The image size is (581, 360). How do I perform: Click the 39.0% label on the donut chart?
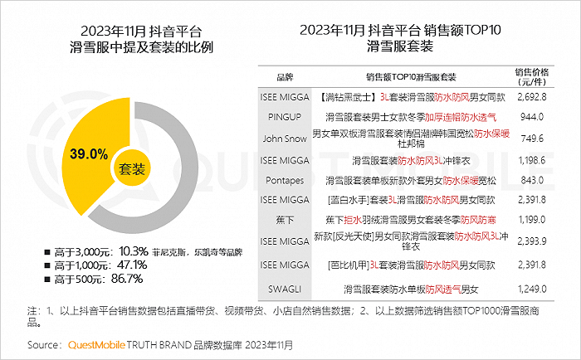point(89,153)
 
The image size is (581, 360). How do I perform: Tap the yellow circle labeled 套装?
point(131,169)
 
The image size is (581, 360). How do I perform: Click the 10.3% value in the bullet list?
point(134,251)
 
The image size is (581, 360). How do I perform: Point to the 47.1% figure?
point(132,265)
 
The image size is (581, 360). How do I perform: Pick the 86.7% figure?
point(127,279)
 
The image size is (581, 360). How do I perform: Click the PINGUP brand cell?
point(285,117)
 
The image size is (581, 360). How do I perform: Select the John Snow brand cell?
point(285,139)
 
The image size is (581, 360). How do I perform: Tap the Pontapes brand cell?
point(285,180)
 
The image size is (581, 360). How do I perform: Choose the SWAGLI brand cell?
point(285,289)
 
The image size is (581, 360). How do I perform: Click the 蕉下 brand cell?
point(285,220)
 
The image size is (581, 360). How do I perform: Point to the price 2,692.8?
point(532,97)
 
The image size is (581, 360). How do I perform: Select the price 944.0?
point(532,117)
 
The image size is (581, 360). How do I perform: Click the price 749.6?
point(532,139)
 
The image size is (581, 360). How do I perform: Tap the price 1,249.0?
point(532,289)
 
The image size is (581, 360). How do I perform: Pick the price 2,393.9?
point(532,241)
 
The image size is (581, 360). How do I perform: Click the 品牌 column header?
point(285,77)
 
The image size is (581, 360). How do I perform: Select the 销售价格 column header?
point(532,76)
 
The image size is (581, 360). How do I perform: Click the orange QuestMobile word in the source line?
point(96,345)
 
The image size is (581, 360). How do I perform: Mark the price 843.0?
point(532,180)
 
